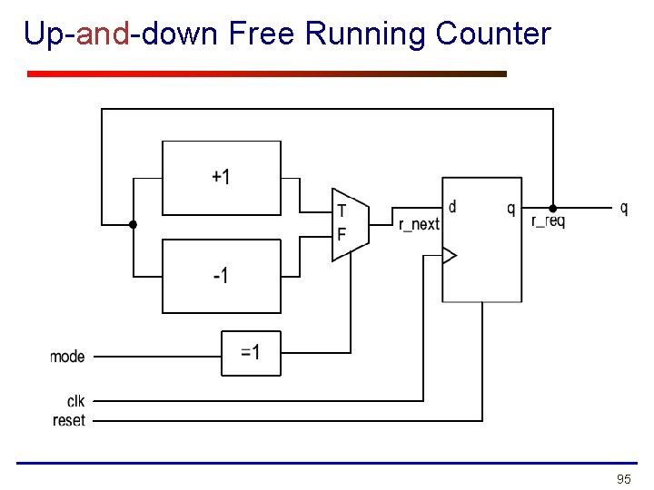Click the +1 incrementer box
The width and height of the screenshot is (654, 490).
point(221,177)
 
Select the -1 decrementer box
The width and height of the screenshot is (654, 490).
point(221,276)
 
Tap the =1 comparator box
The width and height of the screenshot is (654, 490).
point(251,353)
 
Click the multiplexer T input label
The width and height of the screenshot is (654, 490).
point(342,211)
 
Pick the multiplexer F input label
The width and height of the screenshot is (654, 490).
point(342,235)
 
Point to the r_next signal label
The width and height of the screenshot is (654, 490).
point(419,224)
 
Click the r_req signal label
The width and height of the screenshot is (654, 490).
point(548,221)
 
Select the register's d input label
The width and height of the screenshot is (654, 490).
point(452,207)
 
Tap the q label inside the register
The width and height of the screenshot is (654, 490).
point(510,208)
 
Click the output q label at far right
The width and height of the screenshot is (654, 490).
point(624,208)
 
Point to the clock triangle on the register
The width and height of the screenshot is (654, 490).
point(449,256)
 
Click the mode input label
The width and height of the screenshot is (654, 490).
point(67,357)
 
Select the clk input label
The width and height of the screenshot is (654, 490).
point(75,400)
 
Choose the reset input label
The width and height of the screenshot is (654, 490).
point(69,420)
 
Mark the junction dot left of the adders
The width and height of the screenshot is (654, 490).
point(133,224)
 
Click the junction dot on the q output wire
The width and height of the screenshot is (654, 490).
point(552,208)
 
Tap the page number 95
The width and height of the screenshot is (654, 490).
point(623,478)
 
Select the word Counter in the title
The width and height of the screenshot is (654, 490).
point(493,34)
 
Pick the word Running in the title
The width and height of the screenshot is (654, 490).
point(367,34)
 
